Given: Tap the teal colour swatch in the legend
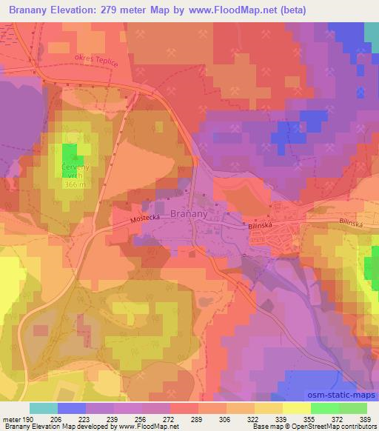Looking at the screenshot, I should (x=44, y=408).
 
